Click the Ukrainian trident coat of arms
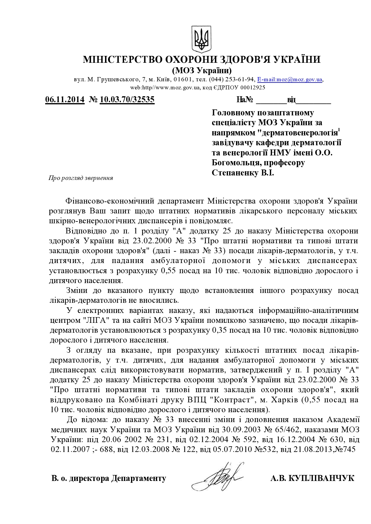[201, 39]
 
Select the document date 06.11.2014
[65, 99]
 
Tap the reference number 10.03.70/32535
[127, 99]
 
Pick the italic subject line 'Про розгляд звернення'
[81, 178]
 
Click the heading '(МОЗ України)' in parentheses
[202, 71]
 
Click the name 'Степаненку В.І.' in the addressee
[243, 173]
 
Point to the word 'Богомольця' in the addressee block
[237, 163]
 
